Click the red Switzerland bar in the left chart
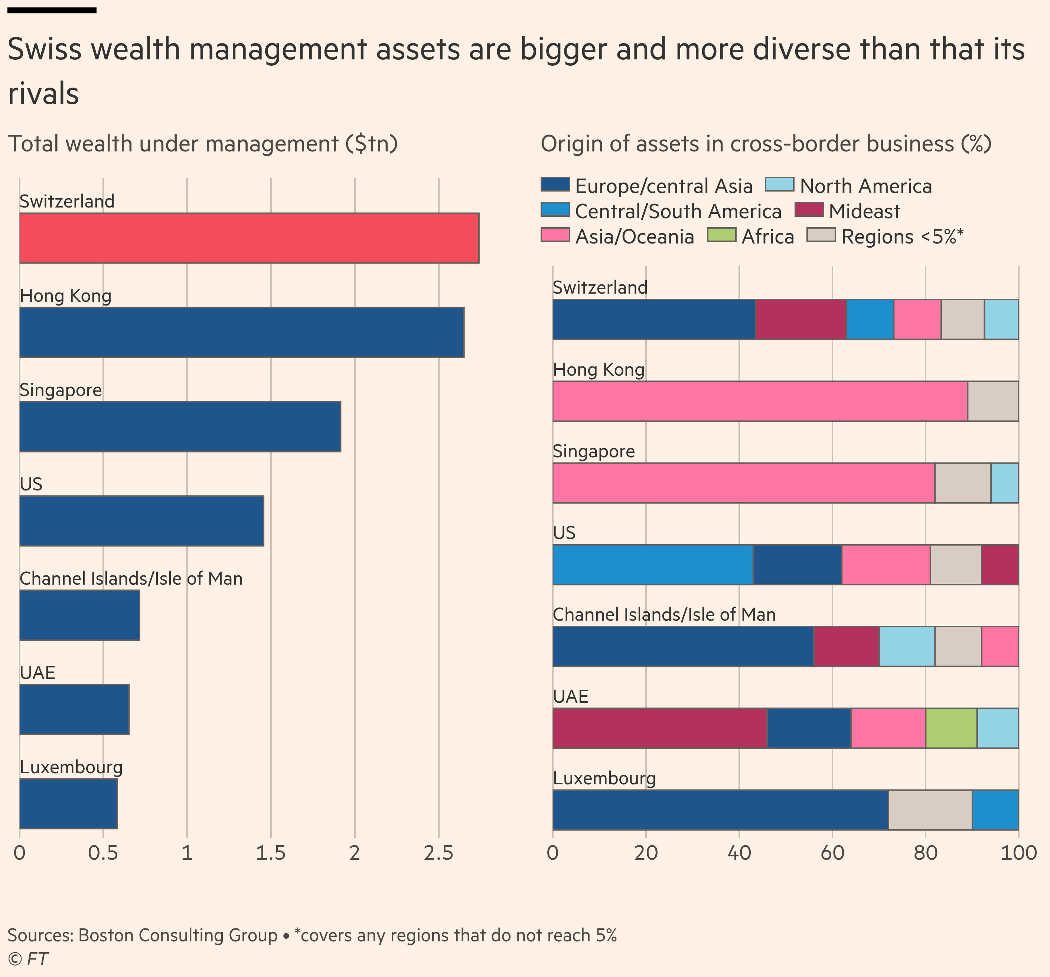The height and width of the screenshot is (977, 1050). click(x=249, y=238)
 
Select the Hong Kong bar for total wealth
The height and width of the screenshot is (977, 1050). click(x=241, y=332)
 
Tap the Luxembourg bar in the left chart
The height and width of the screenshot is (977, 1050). click(x=68, y=803)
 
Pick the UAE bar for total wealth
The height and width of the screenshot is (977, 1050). click(x=74, y=709)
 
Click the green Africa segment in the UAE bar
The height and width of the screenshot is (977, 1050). click(x=951, y=728)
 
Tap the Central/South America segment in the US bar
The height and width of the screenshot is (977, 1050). click(x=653, y=565)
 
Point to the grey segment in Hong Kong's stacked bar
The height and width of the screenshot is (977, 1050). click(x=993, y=401)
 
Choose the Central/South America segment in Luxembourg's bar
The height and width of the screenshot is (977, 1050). click(x=995, y=810)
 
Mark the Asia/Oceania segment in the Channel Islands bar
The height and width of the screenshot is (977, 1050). click(x=1000, y=646)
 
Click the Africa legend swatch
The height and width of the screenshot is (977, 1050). click(x=721, y=235)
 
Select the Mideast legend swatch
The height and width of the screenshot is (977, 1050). click(x=809, y=210)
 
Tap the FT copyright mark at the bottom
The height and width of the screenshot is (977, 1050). click(x=28, y=958)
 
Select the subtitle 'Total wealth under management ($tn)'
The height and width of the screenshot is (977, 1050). click(x=203, y=144)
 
